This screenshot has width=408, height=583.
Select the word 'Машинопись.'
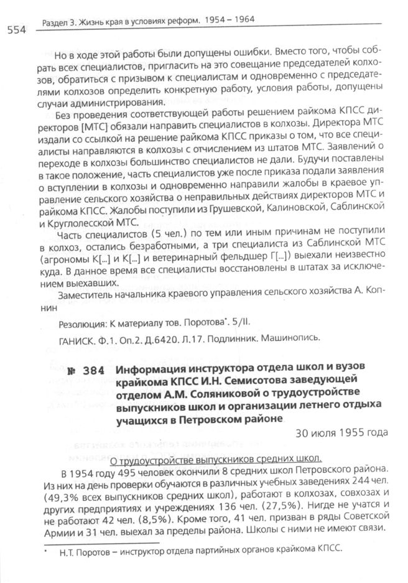click(x=295, y=339)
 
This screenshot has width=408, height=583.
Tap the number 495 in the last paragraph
click(x=109, y=472)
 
